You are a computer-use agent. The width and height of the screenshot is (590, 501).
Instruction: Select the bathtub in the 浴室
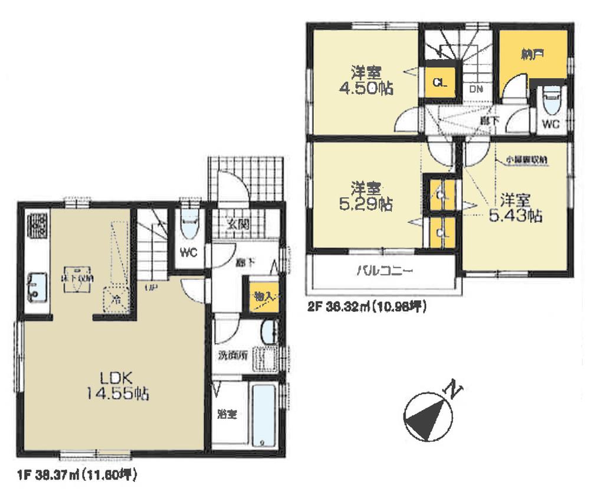263,414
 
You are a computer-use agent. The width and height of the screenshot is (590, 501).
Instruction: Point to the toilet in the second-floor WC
551,101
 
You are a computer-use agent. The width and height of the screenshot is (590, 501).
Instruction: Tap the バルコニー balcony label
384,272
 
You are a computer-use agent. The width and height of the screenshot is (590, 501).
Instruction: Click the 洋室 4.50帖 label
365,81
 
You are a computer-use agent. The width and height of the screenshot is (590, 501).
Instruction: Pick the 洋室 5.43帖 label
515,207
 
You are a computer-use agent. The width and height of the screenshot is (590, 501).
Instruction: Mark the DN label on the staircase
476,89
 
